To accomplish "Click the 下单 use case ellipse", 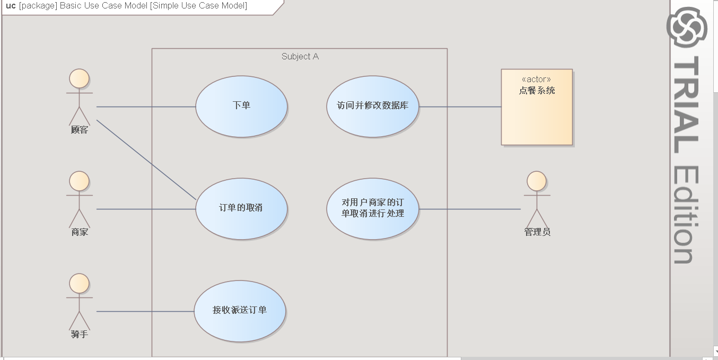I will pyautogui.click(x=241, y=106).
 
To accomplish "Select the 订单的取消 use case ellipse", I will pyautogui.click(x=241, y=208).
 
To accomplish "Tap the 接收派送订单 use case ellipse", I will pyautogui.click(x=240, y=311).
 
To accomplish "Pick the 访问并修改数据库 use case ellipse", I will pyautogui.click(x=372, y=106).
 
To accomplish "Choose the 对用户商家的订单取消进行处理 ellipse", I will pyautogui.click(x=372, y=208).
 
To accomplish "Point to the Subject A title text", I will pyautogui.click(x=300, y=57).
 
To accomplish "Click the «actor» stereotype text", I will pyautogui.click(x=536, y=80).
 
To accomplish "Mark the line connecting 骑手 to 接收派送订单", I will pyautogui.click(x=145, y=311).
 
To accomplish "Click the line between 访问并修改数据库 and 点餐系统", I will pyautogui.click(x=460, y=107).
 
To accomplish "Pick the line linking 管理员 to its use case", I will pyautogui.click(x=469, y=209).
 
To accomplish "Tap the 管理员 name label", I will pyautogui.click(x=537, y=232).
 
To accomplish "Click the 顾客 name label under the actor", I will pyautogui.click(x=80, y=130).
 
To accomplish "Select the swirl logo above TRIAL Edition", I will pyautogui.click(x=687, y=27).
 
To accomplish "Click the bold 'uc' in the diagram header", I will pyautogui.click(x=11, y=6).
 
